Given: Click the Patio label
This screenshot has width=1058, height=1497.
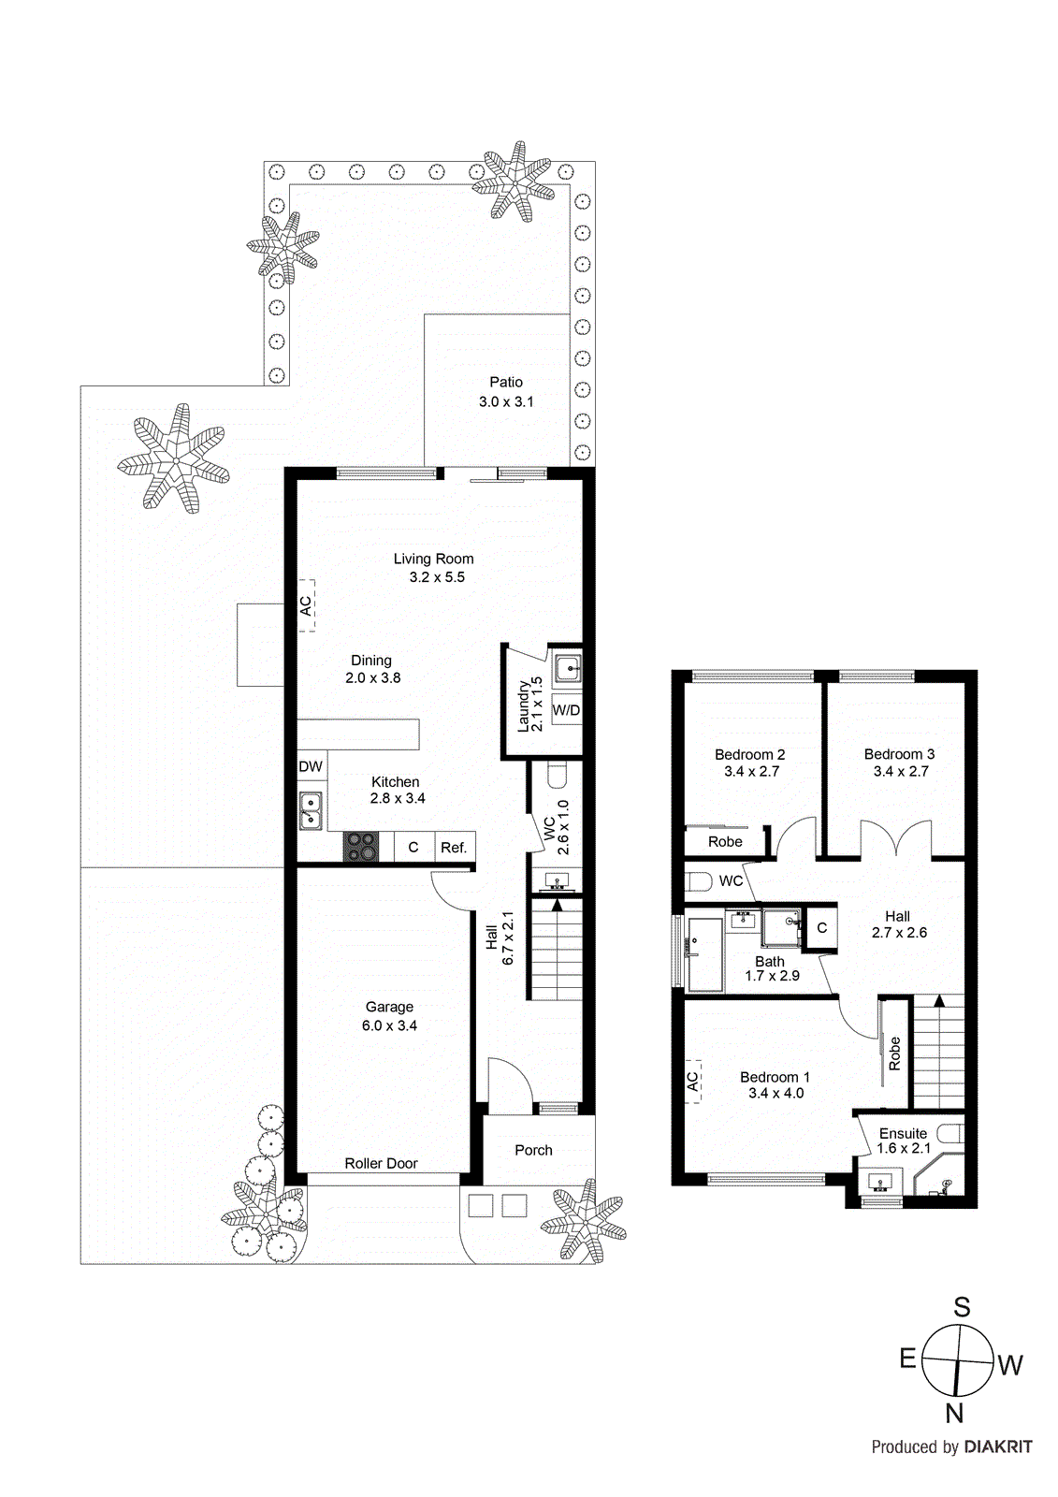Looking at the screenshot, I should tap(506, 382).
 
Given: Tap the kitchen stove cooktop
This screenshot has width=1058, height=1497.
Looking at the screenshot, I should tap(361, 847).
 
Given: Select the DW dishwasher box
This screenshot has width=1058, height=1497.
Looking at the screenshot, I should tap(311, 766).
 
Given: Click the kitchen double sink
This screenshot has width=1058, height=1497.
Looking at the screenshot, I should tap(311, 810).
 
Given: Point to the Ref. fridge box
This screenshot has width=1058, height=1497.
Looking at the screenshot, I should tap(454, 848).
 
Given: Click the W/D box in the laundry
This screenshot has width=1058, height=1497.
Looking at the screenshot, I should tap(566, 710).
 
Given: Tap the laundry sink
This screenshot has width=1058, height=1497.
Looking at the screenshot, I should tap(567, 669).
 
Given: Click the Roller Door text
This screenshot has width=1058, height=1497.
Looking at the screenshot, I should tap(381, 1163).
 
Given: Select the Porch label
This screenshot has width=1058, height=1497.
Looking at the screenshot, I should tap(533, 1150).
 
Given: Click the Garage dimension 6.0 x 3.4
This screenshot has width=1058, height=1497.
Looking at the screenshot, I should tap(389, 1025).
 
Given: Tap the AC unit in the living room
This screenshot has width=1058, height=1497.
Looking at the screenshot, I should tap(306, 605).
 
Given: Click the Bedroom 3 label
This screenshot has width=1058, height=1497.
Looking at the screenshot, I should tap(899, 754).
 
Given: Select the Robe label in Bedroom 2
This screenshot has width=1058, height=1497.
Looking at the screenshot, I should tap(725, 841).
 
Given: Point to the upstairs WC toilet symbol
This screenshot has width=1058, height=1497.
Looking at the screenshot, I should tap(699, 881).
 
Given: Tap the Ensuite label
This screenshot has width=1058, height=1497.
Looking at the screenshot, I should tap(903, 1133).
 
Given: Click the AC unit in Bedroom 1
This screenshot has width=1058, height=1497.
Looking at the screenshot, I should tap(692, 1082).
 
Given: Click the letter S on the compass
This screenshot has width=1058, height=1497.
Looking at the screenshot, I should tap(962, 1307).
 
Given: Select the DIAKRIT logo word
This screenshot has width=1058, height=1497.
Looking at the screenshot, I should tap(998, 1446).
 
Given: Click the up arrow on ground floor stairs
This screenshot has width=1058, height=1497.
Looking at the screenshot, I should tap(558, 905).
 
